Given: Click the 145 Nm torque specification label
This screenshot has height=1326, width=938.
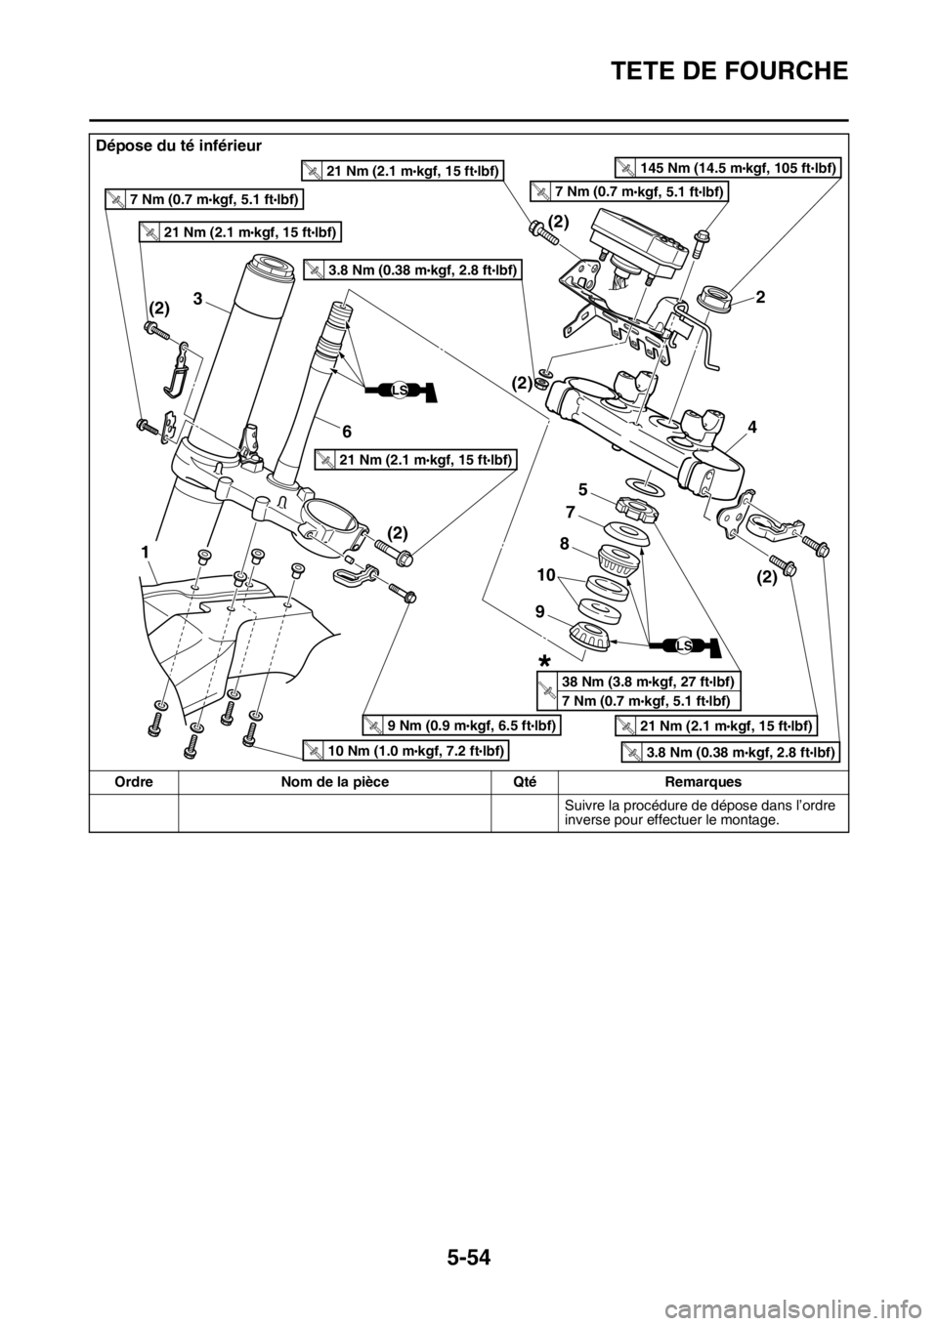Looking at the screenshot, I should click(729, 168).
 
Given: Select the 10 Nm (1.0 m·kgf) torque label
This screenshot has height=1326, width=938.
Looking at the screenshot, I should click(405, 750).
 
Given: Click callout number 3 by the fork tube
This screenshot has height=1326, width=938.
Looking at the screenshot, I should click(197, 300).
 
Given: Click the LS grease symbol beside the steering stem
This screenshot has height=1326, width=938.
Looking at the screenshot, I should click(401, 390).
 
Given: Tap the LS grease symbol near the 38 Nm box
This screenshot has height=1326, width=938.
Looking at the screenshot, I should click(685, 645).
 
